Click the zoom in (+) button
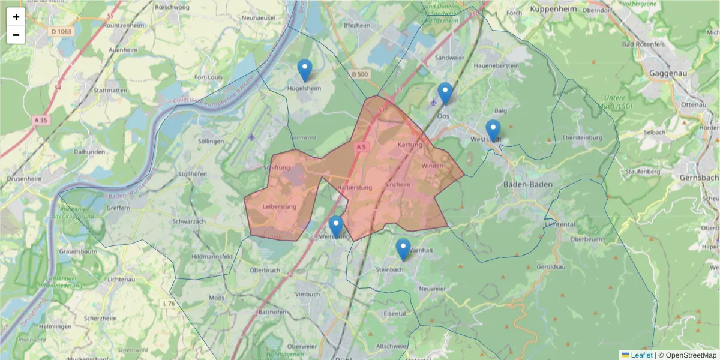coord(16,17)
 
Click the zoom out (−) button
coord(16,35)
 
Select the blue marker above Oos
coord(445,93)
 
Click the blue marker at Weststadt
coord(493,130)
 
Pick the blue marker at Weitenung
coord(336,226)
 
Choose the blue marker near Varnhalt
coord(403,249)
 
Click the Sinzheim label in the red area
coord(398,185)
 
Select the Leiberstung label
coord(280,207)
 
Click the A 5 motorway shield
coord(361,146)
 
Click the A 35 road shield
coord(40,120)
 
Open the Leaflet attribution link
coord(641,355)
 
